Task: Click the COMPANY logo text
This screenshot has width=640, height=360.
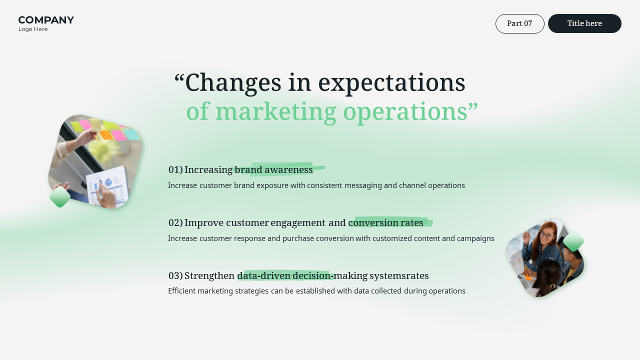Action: pos(46,20)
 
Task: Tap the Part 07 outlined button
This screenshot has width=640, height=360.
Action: pos(519,23)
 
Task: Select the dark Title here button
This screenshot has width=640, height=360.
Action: pos(584,23)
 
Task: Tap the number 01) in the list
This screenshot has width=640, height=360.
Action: pos(175,170)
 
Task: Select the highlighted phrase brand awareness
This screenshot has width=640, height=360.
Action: pos(273,170)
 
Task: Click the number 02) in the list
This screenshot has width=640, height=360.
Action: pos(175,223)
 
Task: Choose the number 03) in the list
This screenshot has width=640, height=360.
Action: pos(175,276)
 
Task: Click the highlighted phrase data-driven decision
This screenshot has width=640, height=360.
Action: pos(285,276)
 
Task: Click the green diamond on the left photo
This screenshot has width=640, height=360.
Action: pos(60,197)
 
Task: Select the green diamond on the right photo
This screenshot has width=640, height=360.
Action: pos(573,241)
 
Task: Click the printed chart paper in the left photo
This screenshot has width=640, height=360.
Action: pos(107,186)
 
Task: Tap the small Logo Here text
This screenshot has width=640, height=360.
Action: pos(33,29)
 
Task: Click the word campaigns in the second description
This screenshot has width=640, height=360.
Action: pos(475,238)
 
